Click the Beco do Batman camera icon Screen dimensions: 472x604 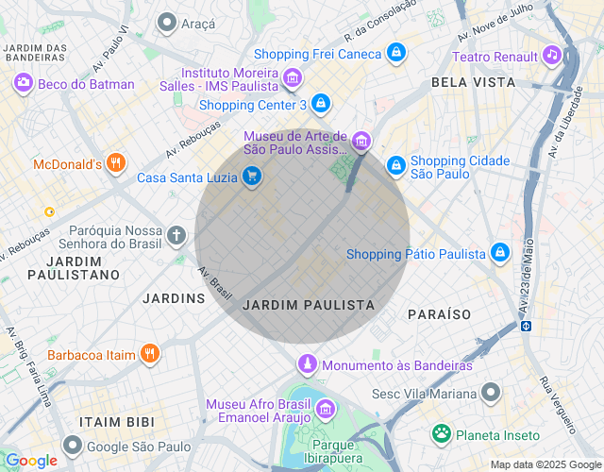pyautogui.click(x=23, y=84)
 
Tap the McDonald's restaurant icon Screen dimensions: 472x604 pyautogui.click(x=116, y=164)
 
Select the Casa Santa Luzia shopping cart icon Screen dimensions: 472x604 pyautogui.click(x=251, y=177)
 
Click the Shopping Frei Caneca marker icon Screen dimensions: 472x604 pyautogui.click(x=397, y=53)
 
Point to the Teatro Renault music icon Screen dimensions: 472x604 pyautogui.click(x=551, y=56)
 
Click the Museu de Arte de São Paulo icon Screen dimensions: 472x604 pyautogui.click(x=362, y=143)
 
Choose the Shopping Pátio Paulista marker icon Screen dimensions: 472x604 pyautogui.click(x=500, y=253)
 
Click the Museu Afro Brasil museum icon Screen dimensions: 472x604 pyautogui.click(x=326, y=409)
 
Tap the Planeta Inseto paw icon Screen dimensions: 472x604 pyautogui.click(x=441, y=434)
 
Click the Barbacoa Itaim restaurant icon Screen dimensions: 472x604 pyautogui.click(x=149, y=354)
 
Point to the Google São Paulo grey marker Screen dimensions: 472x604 pyautogui.click(x=73, y=446)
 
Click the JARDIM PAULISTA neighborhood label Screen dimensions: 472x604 pyautogui.click(x=309, y=306)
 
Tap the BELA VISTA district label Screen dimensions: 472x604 pyautogui.click(x=473, y=82)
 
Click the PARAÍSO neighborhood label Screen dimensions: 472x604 pyautogui.click(x=439, y=313)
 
